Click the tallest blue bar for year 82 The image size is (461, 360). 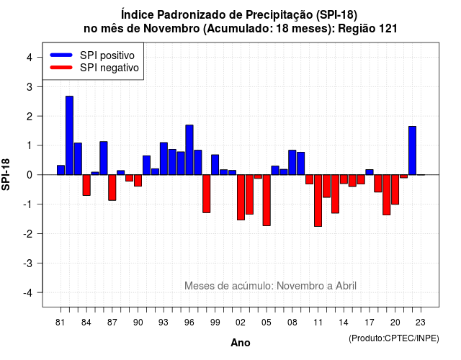pyautogui.click(x=69, y=135)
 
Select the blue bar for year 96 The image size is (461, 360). pyautogui.click(x=189, y=150)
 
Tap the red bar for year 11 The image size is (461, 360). pyautogui.click(x=318, y=201)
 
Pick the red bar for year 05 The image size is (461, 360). pyautogui.click(x=267, y=200)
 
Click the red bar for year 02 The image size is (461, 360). pyautogui.click(x=241, y=197)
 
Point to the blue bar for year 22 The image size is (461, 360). pyautogui.click(x=412, y=150)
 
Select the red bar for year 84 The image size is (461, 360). pyautogui.click(x=86, y=185)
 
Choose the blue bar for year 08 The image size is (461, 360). pyautogui.click(x=292, y=163)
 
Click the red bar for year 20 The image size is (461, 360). pyautogui.click(x=395, y=189)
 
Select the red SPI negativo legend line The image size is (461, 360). pyautogui.click(x=61, y=68)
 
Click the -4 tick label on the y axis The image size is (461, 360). pyautogui.click(x=28, y=293)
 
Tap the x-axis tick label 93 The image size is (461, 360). pyautogui.click(x=164, y=323)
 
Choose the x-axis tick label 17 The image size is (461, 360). pyautogui.click(x=370, y=323)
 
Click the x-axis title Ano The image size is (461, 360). pyautogui.click(x=241, y=343)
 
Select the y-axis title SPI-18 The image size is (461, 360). pyautogui.click(x=6, y=174)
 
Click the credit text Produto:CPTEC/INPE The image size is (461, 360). pyautogui.click(x=394, y=338)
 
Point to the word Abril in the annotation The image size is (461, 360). pyautogui.click(x=346, y=286)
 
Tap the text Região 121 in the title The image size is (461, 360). pyautogui.click(x=367, y=29)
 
